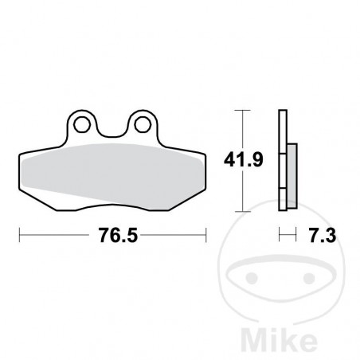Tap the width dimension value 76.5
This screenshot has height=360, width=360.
(113, 237)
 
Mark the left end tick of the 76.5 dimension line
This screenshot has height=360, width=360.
(19, 236)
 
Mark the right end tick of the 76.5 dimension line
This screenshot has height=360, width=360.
(206, 236)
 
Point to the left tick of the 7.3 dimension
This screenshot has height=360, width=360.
(280, 236)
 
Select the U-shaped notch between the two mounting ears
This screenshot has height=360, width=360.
(112, 127)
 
